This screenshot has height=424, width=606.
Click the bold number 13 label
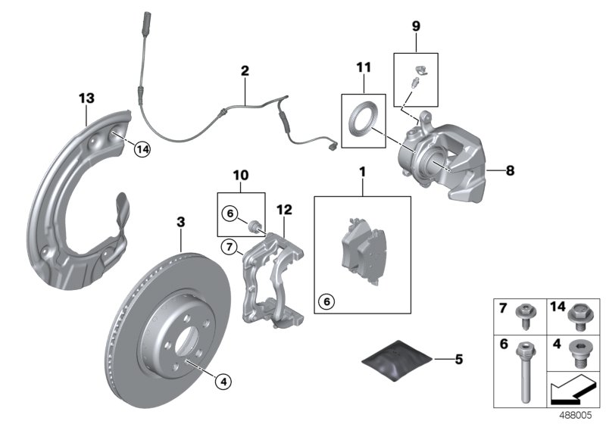click(87, 98)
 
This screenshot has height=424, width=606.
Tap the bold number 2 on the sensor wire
click(245, 71)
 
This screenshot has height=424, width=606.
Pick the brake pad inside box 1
click(363, 249)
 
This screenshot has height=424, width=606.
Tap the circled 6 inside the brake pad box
click(327, 301)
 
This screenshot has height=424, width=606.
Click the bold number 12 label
click(284, 209)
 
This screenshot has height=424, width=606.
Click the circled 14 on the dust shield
click(141, 150)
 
